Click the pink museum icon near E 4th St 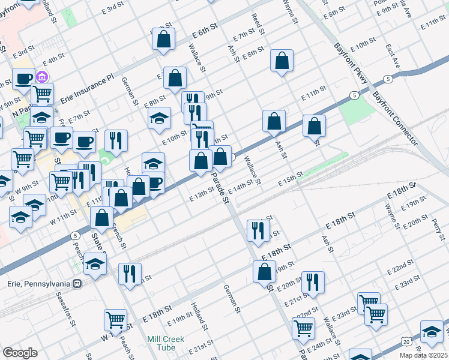(x=42, y=77)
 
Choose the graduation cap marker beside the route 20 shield (x=432, y=332)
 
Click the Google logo (x=20, y=353)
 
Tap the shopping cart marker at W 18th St (x=116, y=321)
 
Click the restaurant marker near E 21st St (x=313, y=282)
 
